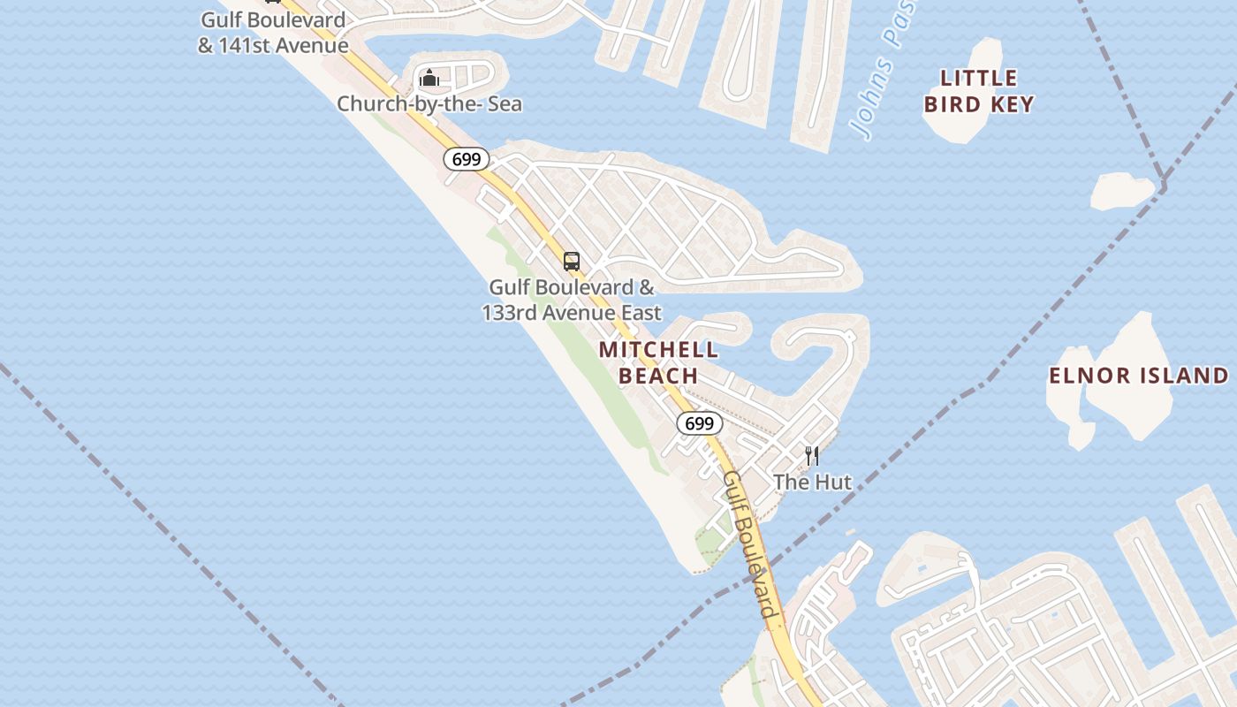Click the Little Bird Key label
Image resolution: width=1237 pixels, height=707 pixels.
pos(979,91)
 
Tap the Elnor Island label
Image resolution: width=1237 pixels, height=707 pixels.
pos(1138,376)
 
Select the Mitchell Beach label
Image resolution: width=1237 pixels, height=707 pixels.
pos(658,362)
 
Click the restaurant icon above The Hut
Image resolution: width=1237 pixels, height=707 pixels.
pos(812,456)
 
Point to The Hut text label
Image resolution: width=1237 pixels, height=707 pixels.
pos(812,482)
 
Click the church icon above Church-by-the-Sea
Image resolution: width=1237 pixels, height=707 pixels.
pos(429,79)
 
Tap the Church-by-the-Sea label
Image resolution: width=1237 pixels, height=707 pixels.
pos(429,104)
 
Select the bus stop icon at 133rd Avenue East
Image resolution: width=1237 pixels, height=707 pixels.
pos(572,262)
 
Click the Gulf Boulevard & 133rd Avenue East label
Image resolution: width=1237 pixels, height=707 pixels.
pos(572,300)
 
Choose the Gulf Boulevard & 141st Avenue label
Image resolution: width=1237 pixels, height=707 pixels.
pos(273,33)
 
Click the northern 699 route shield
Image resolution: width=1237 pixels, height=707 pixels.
pos(466,159)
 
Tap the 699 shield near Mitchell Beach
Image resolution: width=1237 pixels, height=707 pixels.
pos(699,423)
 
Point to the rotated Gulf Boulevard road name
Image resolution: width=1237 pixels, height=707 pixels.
pos(752,544)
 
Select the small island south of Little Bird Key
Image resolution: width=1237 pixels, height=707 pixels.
pos(1120,191)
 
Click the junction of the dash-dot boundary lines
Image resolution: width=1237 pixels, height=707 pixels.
pos(1163,186)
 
